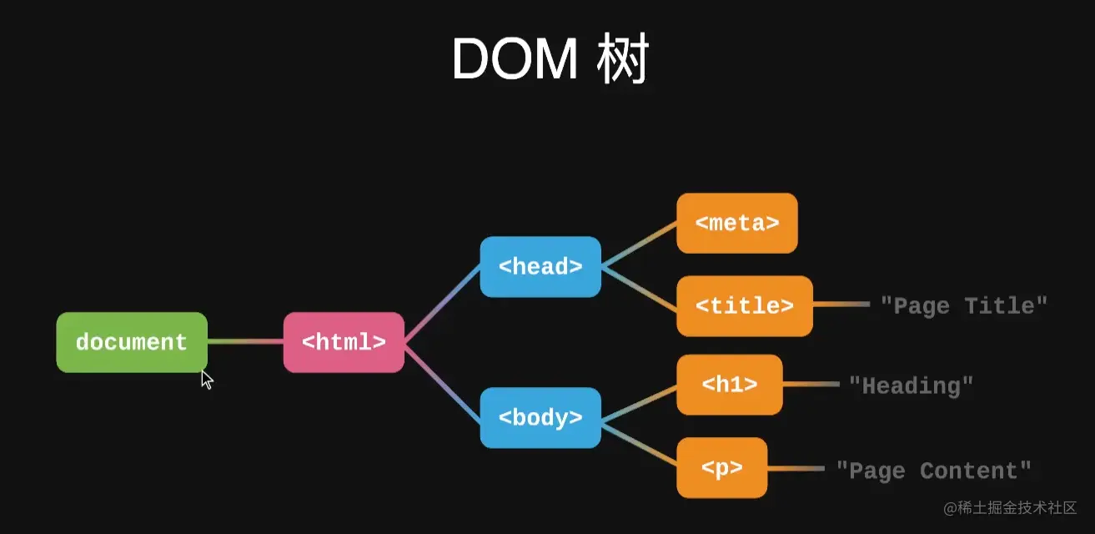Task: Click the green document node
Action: coord(132,342)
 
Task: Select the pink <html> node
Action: coord(344,342)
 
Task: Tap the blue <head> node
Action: coord(540,267)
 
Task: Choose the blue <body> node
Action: coord(540,418)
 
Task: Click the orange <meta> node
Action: coord(737,224)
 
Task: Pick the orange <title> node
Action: coord(744,306)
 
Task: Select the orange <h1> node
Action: coord(730,385)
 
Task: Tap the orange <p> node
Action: coord(721,468)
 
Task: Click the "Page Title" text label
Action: coord(963,306)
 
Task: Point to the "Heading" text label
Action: coord(911,385)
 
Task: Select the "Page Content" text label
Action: coord(934,471)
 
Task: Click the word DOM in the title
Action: coord(514,60)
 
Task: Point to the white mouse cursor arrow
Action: coord(207,380)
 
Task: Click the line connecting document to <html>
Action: coord(245,341)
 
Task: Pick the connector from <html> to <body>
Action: coord(442,380)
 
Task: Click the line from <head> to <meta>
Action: coord(639,245)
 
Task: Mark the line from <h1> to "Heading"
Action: coord(811,385)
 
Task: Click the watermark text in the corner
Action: coord(1010,508)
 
